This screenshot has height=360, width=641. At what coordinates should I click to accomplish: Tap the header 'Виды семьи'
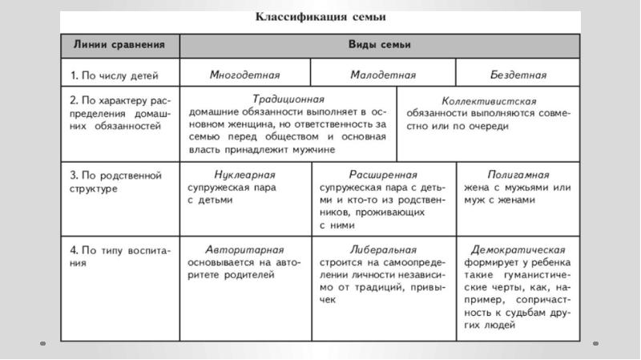(380, 45)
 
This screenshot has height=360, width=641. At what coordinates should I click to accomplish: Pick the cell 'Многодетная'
(244, 75)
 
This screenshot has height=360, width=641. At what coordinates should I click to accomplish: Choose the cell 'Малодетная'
(383, 75)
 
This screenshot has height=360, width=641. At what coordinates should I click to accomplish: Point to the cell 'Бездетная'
(518, 75)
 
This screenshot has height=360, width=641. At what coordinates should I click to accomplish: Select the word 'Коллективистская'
(488, 102)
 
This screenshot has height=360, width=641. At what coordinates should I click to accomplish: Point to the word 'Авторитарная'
(244, 249)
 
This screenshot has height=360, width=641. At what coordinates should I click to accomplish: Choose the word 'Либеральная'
(383, 249)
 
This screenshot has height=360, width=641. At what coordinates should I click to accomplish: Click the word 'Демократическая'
(518, 249)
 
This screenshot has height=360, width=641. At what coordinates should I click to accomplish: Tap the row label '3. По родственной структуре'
(115, 181)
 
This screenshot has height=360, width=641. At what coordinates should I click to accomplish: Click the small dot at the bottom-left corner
(42, 342)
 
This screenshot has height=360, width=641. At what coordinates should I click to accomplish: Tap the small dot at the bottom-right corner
(595, 342)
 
